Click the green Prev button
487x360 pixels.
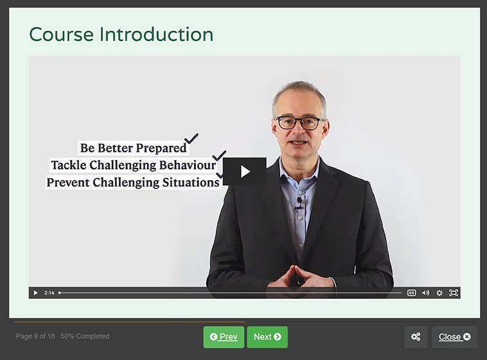tap(224, 337)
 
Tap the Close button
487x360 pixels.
tap(454, 337)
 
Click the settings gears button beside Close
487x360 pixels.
tap(416, 337)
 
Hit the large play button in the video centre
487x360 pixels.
tap(245, 171)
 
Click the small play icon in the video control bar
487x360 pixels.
tap(35, 292)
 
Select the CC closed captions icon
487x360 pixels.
tap(411, 292)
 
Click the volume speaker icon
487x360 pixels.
tap(425, 292)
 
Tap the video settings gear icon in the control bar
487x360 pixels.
tap(439, 292)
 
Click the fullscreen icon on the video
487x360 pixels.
tap(454, 292)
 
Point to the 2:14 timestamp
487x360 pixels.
tap(49, 292)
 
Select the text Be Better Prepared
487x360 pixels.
tap(133, 148)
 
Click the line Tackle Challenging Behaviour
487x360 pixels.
tap(133, 165)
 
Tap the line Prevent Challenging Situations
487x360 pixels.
tap(133, 183)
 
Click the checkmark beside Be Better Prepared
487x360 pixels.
tap(191, 139)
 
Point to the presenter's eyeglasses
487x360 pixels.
tap(300, 122)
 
